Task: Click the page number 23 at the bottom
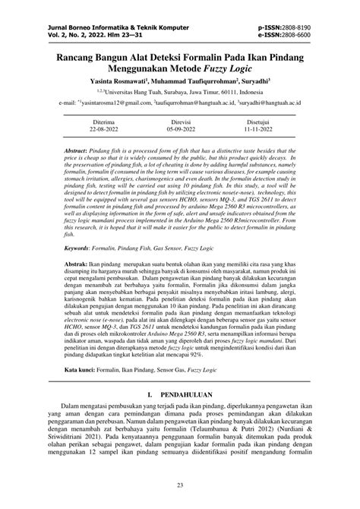[x=180, y=485]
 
